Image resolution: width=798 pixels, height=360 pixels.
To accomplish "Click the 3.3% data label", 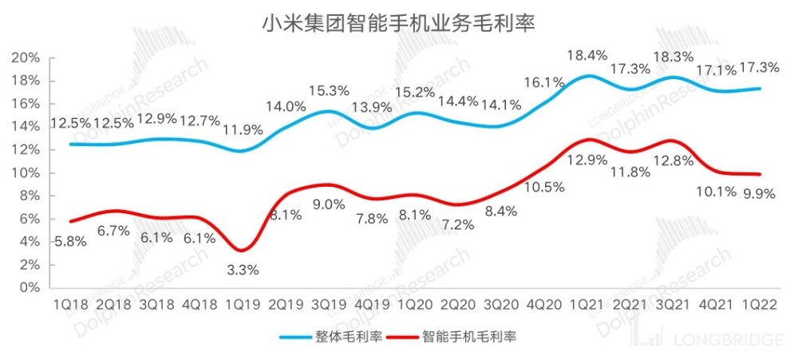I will [242, 270].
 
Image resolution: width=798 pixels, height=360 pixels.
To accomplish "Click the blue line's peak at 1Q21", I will [588, 76].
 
